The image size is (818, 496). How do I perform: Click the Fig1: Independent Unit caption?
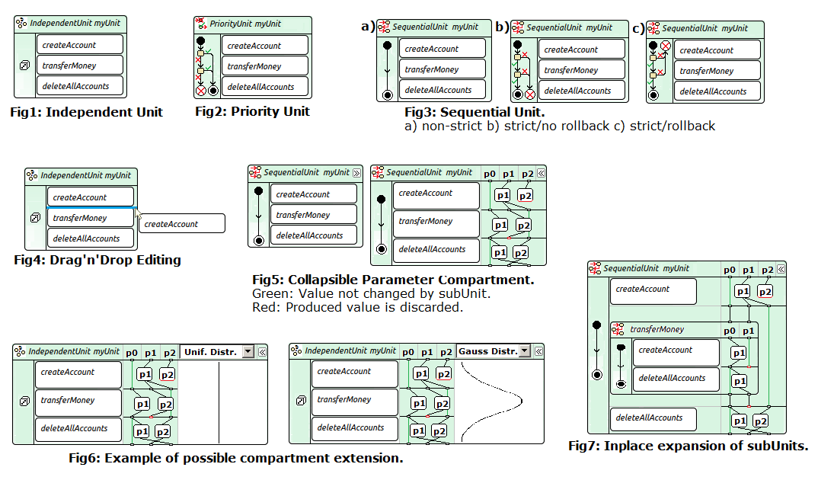87,112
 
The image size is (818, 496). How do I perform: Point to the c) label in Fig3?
637,28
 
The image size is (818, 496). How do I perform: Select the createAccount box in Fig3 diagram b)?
582,50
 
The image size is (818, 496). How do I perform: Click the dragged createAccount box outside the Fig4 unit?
183,224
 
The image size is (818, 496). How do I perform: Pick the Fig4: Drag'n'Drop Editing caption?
97,260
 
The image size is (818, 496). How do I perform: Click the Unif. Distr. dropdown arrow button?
248,352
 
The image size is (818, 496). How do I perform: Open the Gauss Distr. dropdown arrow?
525,351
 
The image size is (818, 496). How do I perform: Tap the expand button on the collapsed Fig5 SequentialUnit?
356,173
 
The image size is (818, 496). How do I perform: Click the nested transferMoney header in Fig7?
657,330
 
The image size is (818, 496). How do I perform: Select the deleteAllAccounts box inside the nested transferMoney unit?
676,379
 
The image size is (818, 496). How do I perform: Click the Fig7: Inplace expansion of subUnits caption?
688,446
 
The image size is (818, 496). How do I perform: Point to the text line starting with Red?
357,308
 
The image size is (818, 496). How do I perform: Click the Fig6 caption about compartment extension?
235,458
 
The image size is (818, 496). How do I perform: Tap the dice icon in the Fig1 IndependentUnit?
24,66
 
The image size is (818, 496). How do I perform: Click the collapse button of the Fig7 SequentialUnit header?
780,269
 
